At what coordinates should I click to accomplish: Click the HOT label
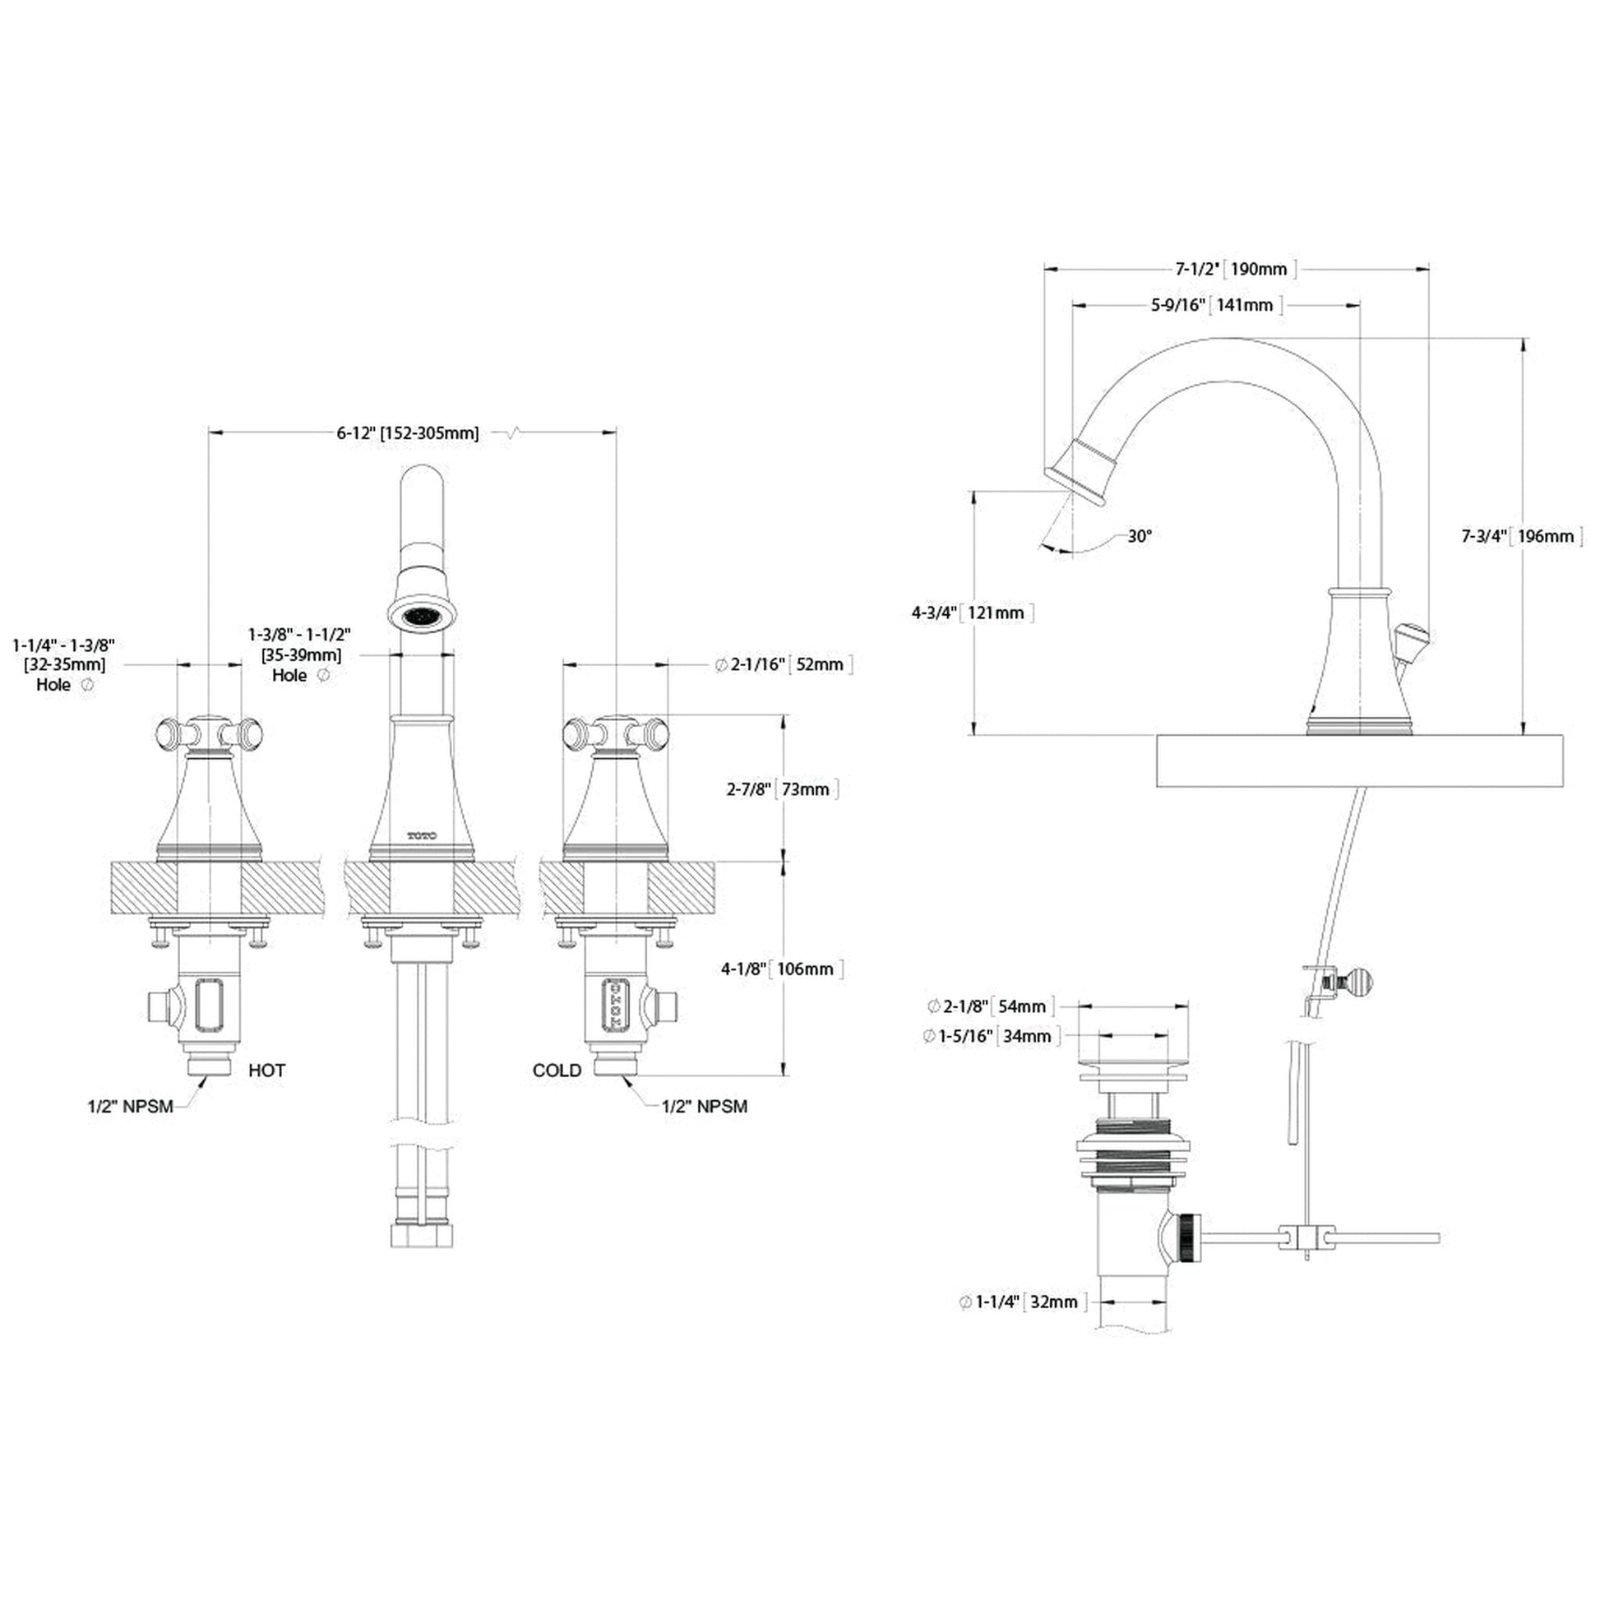266,1070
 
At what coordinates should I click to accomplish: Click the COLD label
557,1070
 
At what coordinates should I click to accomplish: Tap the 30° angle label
1140,536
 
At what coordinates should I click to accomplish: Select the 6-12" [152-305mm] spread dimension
408,432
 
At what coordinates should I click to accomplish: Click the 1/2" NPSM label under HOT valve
131,1107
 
